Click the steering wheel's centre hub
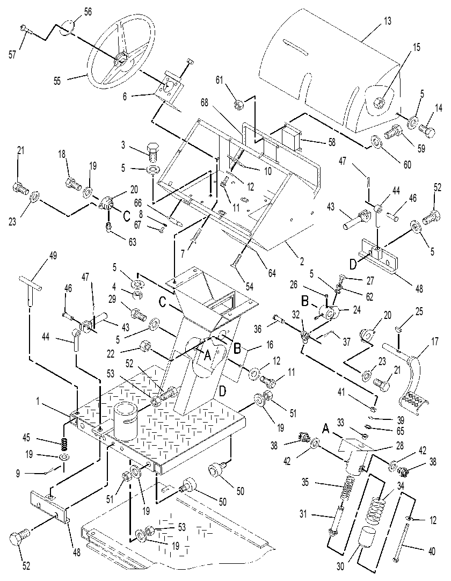(x=121, y=60)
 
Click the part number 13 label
(x=387, y=21)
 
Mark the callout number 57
(x=12, y=55)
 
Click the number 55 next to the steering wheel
(x=57, y=81)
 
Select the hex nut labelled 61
(x=237, y=106)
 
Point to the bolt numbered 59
(x=395, y=132)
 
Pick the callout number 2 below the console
(x=302, y=261)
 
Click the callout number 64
(x=272, y=273)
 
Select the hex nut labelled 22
(x=144, y=347)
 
